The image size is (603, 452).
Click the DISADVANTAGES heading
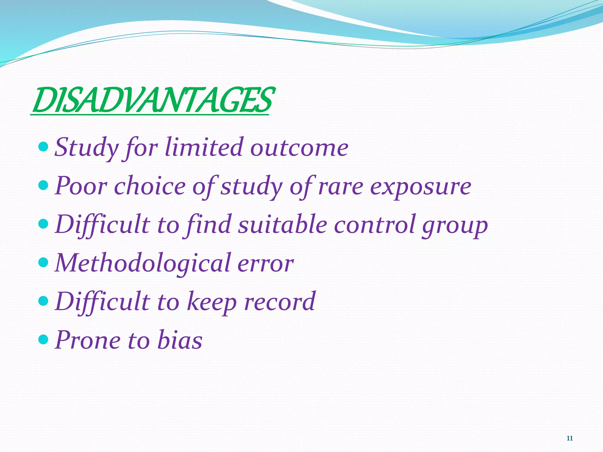[152, 101]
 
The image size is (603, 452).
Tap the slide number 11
[569, 438]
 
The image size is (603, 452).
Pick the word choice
[150, 186]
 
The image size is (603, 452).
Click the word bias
[180, 340]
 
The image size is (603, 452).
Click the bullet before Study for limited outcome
[43, 146]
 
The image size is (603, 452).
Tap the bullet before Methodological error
[43, 262]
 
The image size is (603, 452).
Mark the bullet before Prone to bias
[43, 339]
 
